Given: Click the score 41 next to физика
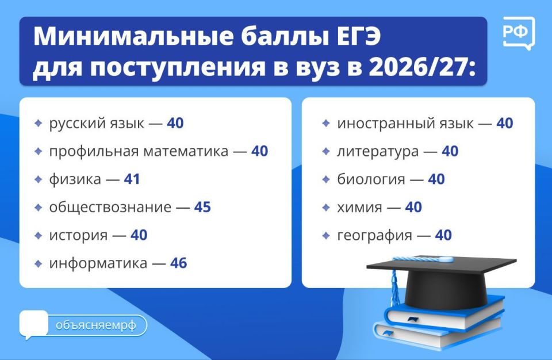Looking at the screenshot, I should (x=132, y=179).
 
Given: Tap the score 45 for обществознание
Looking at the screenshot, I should (x=202, y=207).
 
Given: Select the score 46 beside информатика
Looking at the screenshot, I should (x=178, y=263).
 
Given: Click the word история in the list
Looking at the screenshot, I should (x=78, y=235).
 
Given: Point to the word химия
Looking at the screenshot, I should (x=359, y=208).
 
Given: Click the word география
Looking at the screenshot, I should (x=374, y=235).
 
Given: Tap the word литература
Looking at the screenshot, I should (x=377, y=152).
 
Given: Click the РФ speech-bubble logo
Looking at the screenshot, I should (x=518, y=33).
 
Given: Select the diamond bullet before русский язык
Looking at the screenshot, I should (x=38, y=123).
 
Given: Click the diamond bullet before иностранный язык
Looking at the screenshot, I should (x=326, y=123).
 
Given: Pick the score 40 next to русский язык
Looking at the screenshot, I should (x=175, y=123).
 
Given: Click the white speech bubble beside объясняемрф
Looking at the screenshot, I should (x=33, y=324).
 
